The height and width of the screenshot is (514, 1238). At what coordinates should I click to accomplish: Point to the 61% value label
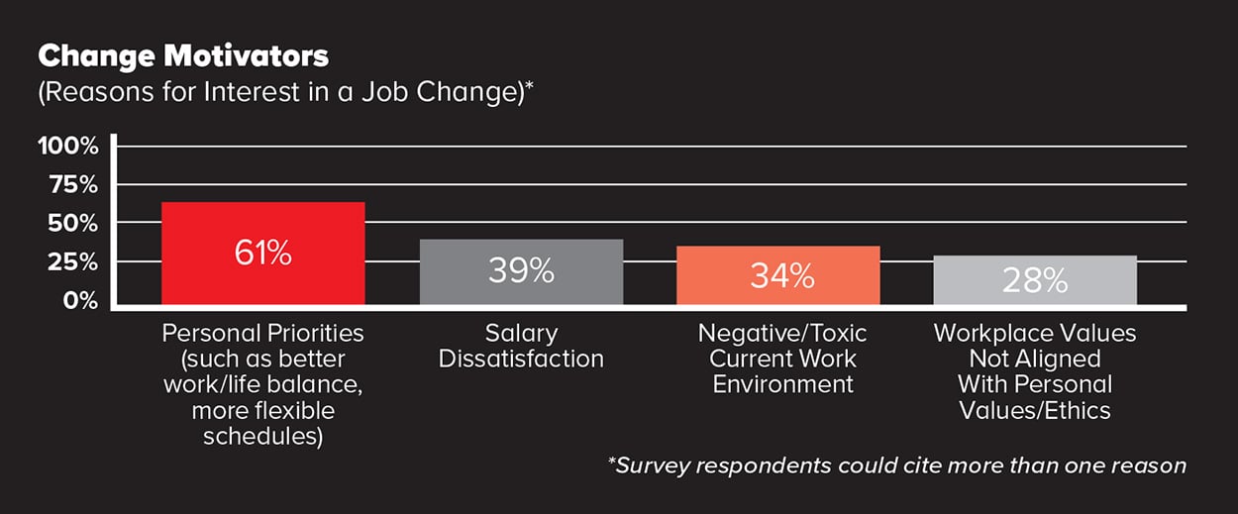(x=263, y=254)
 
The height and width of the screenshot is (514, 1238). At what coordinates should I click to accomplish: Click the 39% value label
(x=521, y=271)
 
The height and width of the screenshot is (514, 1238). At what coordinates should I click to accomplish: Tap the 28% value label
(x=1035, y=281)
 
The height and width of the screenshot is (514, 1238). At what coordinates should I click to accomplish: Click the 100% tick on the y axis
(x=68, y=147)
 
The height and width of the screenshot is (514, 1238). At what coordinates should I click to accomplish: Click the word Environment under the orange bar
(x=782, y=383)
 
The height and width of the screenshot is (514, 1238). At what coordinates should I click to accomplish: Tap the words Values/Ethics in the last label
(x=1035, y=409)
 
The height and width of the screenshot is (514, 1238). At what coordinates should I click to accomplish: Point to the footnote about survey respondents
(x=896, y=464)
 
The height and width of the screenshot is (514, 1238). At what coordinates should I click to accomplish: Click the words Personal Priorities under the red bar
(x=263, y=333)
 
